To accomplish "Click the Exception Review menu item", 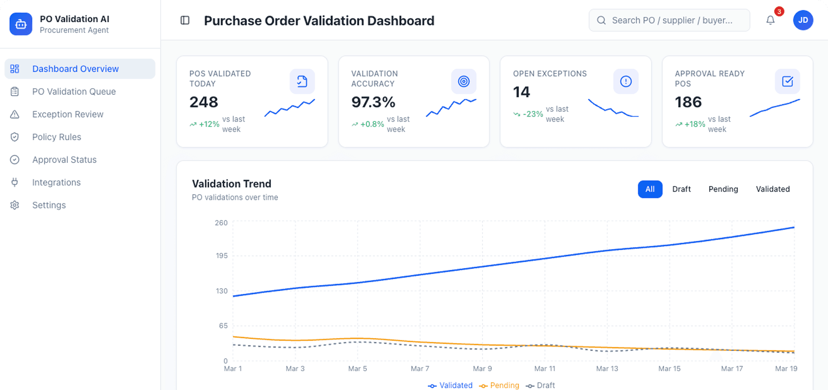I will (x=68, y=114).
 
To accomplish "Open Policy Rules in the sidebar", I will (x=57, y=137).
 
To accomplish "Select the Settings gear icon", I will (x=15, y=205).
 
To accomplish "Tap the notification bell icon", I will (x=770, y=20).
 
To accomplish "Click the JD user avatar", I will (x=803, y=20).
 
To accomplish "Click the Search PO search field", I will (x=672, y=20).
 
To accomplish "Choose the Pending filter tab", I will (x=723, y=189).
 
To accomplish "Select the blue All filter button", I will (x=649, y=189).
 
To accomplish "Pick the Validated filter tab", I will (x=772, y=189).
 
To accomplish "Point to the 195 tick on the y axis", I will (x=222, y=256).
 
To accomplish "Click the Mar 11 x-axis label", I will (x=544, y=369).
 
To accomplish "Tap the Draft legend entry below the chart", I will (x=540, y=386).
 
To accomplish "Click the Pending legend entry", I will (x=499, y=386).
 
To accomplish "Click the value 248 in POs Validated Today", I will (x=204, y=102).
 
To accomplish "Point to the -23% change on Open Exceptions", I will (x=532, y=114).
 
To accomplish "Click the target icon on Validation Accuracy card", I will (x=463, y=81).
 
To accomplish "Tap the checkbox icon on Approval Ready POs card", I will (x=787, y=81).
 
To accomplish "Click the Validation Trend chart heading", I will (x=231, y=184).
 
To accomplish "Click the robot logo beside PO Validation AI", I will (x=21, y=24).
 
